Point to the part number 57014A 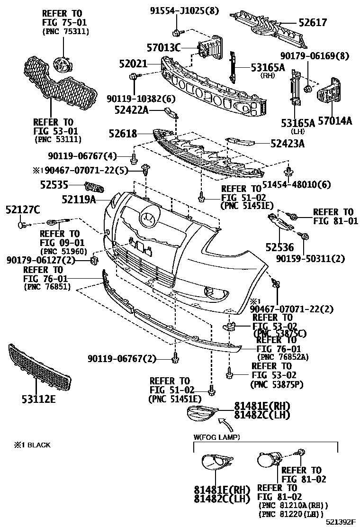click(335, 121)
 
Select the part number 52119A click(79, 200)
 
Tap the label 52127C click(23, 209)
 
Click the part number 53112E click(38, 399)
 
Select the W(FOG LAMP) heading click(216, 436)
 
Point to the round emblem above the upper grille click(61, 63)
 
